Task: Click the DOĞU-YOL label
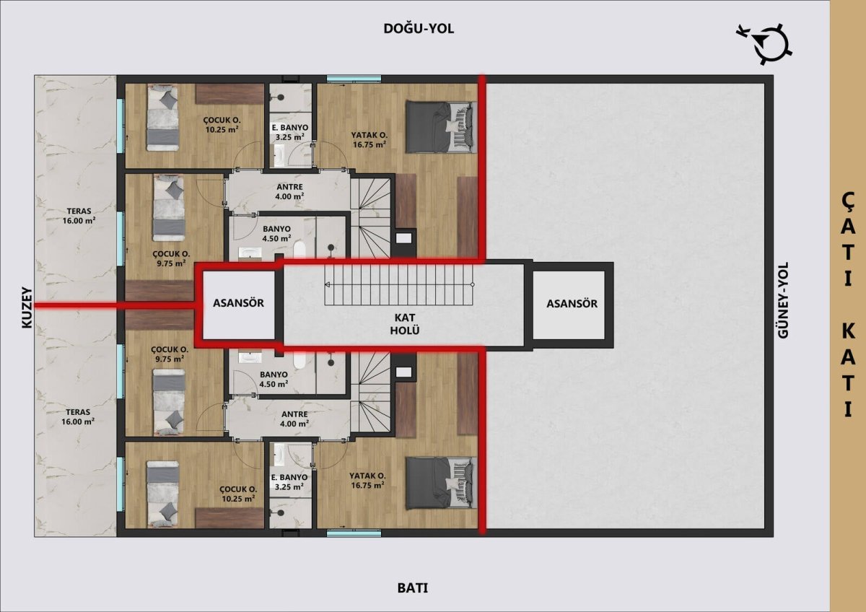pyautogui.click(x=419, y=29)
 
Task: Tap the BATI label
pyautogui.click(x=413, y=588)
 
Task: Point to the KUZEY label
pyautogui.click(x=27, y=307)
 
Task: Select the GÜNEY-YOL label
pyautogui.click(x=782, y=300)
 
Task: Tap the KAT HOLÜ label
pyautogui.click(x=405, y=324)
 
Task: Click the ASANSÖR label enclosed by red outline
pyautogui.click(x=239, y=303)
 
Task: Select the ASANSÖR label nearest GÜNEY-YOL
pyautogui.click(x=572, y=304)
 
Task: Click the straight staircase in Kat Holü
pyautogui.click(x=399, y=285)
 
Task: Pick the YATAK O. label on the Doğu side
pyautogui.click(x=369, y=140)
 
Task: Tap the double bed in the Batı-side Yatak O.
pyautogui.click(x=441, y=484)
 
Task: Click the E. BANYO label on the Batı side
pyautogui.click(x=289, y=481)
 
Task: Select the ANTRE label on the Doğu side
pyautogui.click(x=289, y=191)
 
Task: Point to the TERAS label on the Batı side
pyautogui.click(x=78, y=416)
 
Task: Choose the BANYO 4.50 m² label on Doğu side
pyautogui.click(x=276, y=234)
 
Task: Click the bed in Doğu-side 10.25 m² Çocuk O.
pyautogui.click(x=163, y=118)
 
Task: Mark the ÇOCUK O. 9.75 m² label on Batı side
pyautogui.click(x=170, y=354)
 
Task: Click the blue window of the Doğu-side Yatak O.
pyautogui.click(x=354, y=79)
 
